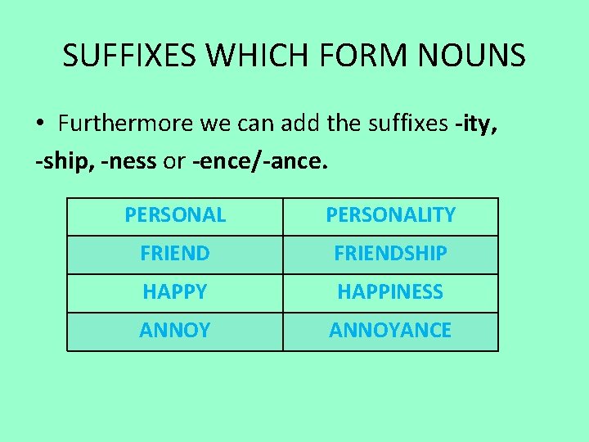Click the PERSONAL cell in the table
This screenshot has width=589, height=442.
point(174,215)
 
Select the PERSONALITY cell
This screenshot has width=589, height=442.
point(390,215)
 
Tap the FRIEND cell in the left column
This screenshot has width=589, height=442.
point(174,254)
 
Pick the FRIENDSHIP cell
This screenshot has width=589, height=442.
point(390,254)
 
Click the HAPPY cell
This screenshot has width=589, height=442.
point(174,292)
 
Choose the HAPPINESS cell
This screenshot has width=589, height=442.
point(390,292)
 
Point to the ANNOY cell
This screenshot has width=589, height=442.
point(174,331)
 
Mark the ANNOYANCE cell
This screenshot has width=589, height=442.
point(390,331)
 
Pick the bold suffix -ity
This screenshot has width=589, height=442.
point(475,124)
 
